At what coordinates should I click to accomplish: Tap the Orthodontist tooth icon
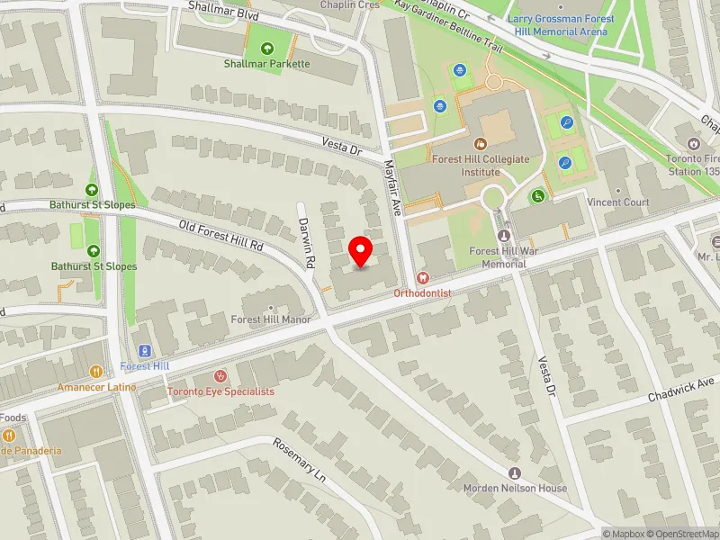pyautogui.click(x=423, y=279)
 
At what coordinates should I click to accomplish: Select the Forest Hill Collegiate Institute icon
pyautogui.click(x=480, y=143)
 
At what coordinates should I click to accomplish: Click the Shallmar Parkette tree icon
pyautogui.click(x=266, y=49)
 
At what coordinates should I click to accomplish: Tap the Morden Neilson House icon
pyautogui.click(x=515, y=473)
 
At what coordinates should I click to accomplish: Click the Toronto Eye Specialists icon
pyautogui.click(x=220, y=376)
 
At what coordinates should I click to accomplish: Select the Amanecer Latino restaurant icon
pyautogui.click(x=95, y=371)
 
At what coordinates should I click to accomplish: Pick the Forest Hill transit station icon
pyautogui.click(x=143, y=351)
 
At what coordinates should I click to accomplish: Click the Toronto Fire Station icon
pyautogui.click(x=694, y=143)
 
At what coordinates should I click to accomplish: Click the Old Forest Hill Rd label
pyautogui.click(x=220, y=236)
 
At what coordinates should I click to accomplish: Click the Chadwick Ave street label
pyautogui.click(x=674, y=392)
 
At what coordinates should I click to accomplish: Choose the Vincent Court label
pyautogui.click(x=618, y=202)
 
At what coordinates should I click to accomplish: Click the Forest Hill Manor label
pyautogui.click(x=271, y=319)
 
